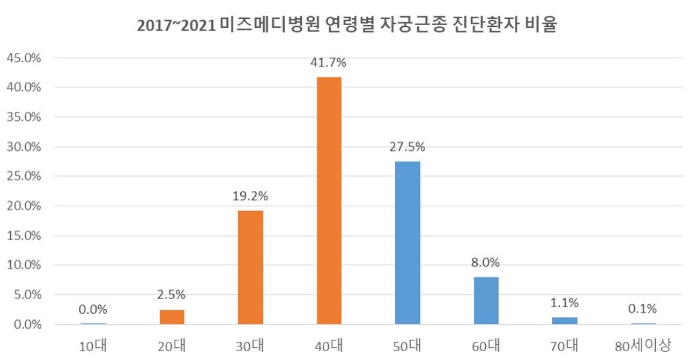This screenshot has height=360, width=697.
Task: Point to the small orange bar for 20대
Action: pyautogui.click(x=172, y=317)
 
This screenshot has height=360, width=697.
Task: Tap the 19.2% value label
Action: pyautogui.click(x=250, y=197)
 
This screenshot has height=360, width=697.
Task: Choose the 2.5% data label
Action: pyautogui.click(x=173, y=295)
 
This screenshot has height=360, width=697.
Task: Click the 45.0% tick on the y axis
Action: pyautogui.click(x=24, y=58)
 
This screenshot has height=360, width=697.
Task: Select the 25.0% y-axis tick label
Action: pyautogui.click(x=24, y=177)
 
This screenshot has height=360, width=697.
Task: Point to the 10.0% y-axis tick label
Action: pyautogui.click(x=24, y=265)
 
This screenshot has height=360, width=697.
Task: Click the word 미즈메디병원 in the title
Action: pyautogui.click(x=269, y=26)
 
